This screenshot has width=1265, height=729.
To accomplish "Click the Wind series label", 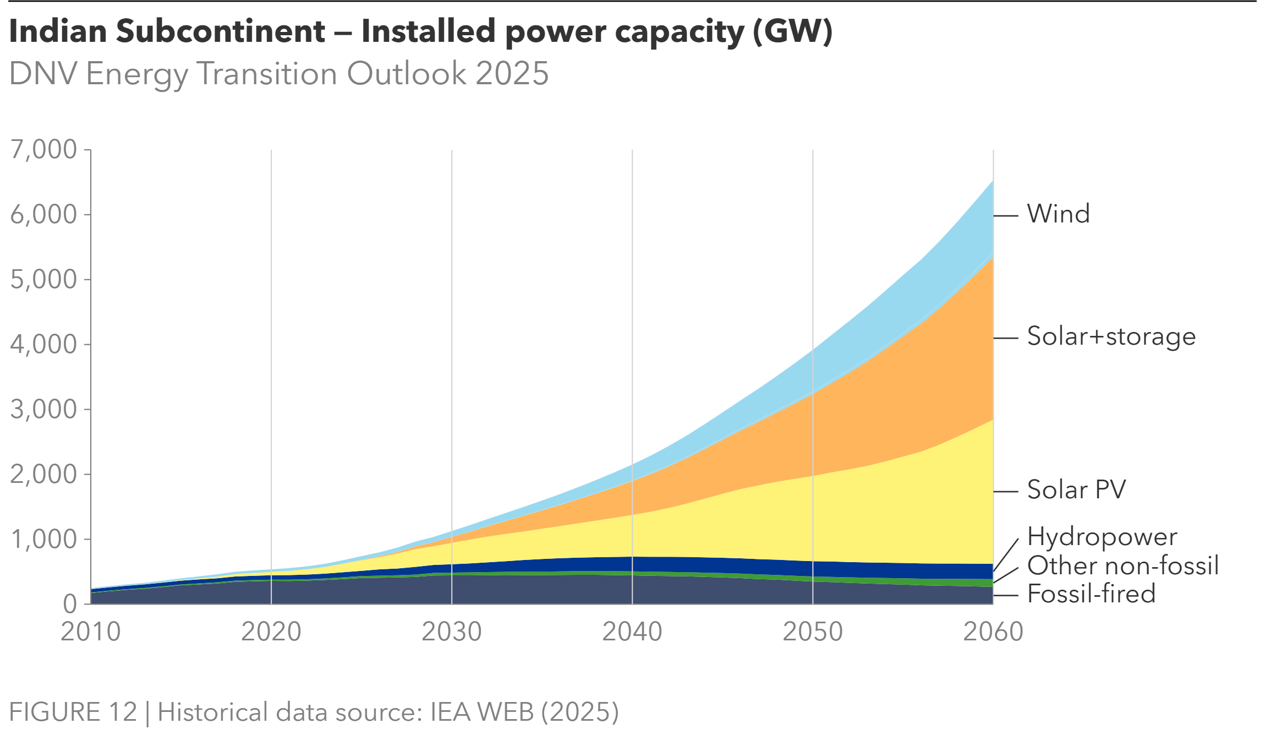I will (x=1058, y=214).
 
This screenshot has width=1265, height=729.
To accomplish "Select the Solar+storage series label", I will (x=1111, y=336).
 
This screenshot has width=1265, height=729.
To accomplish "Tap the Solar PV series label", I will (x=1076, y=489).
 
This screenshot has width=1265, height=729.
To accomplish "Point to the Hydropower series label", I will (x=1102, y=537).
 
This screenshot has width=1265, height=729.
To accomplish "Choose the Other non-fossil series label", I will (x=1122, y=565).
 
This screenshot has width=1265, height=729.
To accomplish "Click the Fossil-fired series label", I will (x=1091, y=594).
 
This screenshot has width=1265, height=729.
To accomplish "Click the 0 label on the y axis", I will (x=70, y=604).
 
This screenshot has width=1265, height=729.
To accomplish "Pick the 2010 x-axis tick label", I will (x=91, y=632).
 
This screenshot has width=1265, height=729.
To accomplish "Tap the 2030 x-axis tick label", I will (x=452, y=632).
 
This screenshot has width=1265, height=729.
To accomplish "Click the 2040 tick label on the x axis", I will (x=632, y=632).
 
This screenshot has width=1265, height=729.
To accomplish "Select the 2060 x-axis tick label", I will (x=993, y=632).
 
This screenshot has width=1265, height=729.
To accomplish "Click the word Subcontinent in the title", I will (x=221, y=31).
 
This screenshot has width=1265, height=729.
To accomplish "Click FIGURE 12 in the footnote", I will (x=73, y=711).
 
